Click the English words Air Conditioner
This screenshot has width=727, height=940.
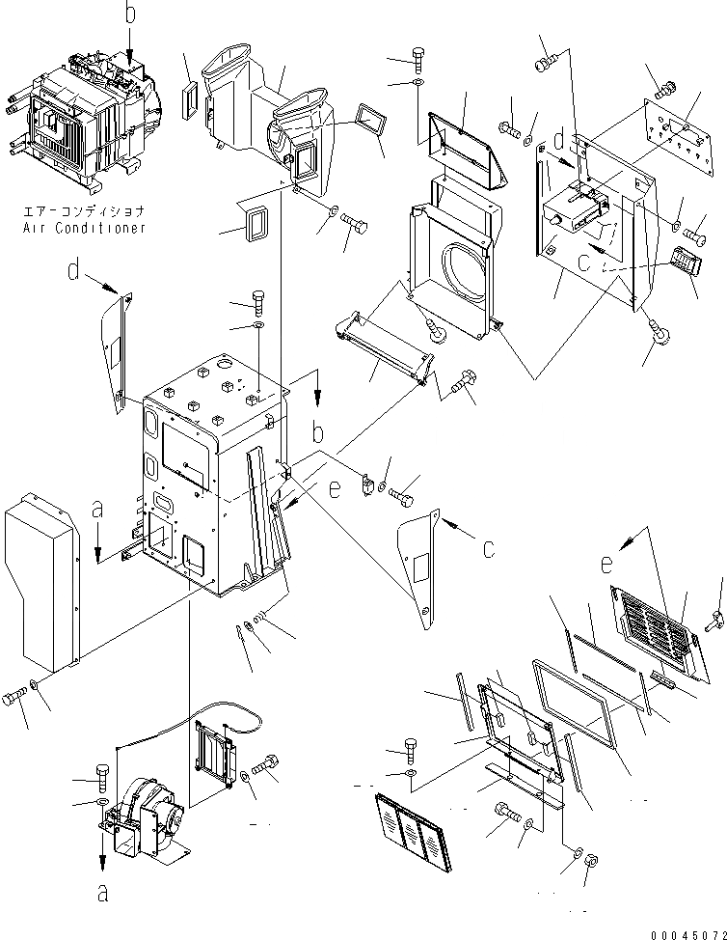coord(85,228)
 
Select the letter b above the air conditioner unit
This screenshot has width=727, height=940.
coord(131,14)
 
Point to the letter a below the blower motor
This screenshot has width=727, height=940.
coord(102,892)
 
